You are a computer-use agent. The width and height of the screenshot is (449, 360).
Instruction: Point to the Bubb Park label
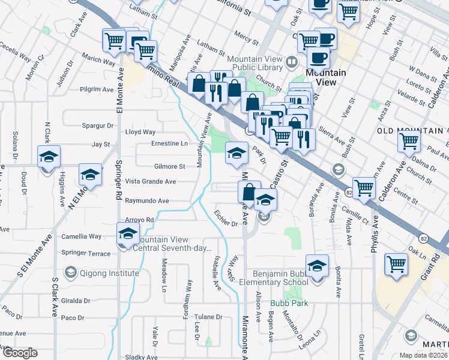(x=289, y=303)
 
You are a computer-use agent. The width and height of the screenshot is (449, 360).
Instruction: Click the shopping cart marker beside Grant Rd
(x=396, y=263)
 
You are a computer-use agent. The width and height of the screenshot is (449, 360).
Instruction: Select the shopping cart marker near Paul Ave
(x=409, y=142)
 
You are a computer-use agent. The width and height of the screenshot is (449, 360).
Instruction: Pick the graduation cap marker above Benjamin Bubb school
(x=317, y=265)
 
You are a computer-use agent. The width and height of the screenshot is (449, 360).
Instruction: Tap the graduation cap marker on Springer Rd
(x=128, y=233)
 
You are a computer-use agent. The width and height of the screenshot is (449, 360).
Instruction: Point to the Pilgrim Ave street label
(x=97, y=89)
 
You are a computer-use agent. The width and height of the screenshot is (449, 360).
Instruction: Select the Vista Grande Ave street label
(x=150, y=181)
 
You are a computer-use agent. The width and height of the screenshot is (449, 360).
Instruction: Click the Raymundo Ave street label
(x=146, y=201)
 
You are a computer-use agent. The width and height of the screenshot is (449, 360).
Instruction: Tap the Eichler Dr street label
(x=226, y=221)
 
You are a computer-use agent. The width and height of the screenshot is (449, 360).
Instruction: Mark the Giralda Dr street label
(x=75, y=301)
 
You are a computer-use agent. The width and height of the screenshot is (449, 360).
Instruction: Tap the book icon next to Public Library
(x=292, y=62)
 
